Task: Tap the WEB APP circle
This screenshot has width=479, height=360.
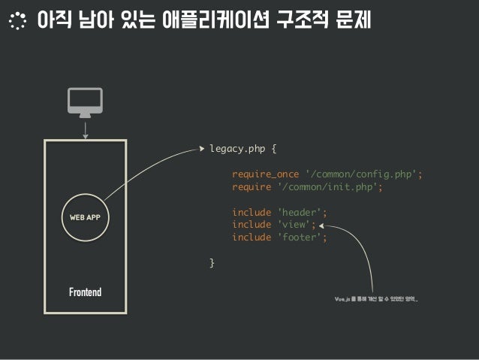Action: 85,218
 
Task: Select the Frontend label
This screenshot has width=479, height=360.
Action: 85,291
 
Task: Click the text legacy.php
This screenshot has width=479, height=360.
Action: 236,149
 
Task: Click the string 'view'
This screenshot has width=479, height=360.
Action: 294,225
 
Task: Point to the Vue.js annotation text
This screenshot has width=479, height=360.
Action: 375,299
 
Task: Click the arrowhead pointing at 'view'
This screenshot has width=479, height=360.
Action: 321,225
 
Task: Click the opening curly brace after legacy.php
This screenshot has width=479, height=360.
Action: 273,149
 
